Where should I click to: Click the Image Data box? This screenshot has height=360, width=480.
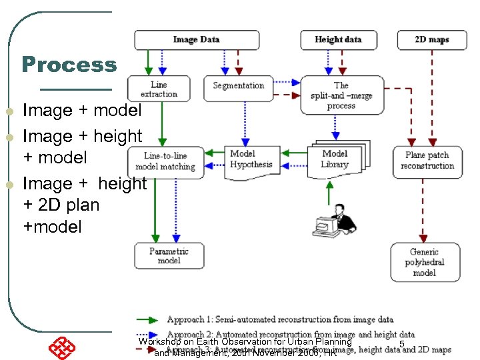pos(196,40)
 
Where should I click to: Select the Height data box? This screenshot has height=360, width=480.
pos(338,40)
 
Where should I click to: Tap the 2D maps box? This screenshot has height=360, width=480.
pos(431,40)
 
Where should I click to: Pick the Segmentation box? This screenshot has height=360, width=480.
pos(239,86)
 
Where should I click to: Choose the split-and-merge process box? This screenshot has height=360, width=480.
pos(341,95)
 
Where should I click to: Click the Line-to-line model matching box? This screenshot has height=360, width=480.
pos(165,161)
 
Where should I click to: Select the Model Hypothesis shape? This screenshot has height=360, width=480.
pos(251,160)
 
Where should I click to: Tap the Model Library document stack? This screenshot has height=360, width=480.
pos(337,159)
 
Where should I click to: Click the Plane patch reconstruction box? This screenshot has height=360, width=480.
pos(427,161)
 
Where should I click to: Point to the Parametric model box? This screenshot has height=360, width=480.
pos(169,256)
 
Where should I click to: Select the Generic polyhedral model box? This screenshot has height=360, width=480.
pos(424,262)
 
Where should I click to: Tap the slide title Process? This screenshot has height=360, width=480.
pos(69,65)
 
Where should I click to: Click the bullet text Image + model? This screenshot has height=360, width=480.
pos(82,110)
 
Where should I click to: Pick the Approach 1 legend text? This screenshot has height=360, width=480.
pos(280,320)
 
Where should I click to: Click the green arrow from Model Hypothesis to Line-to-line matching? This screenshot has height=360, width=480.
pos(212,153)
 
